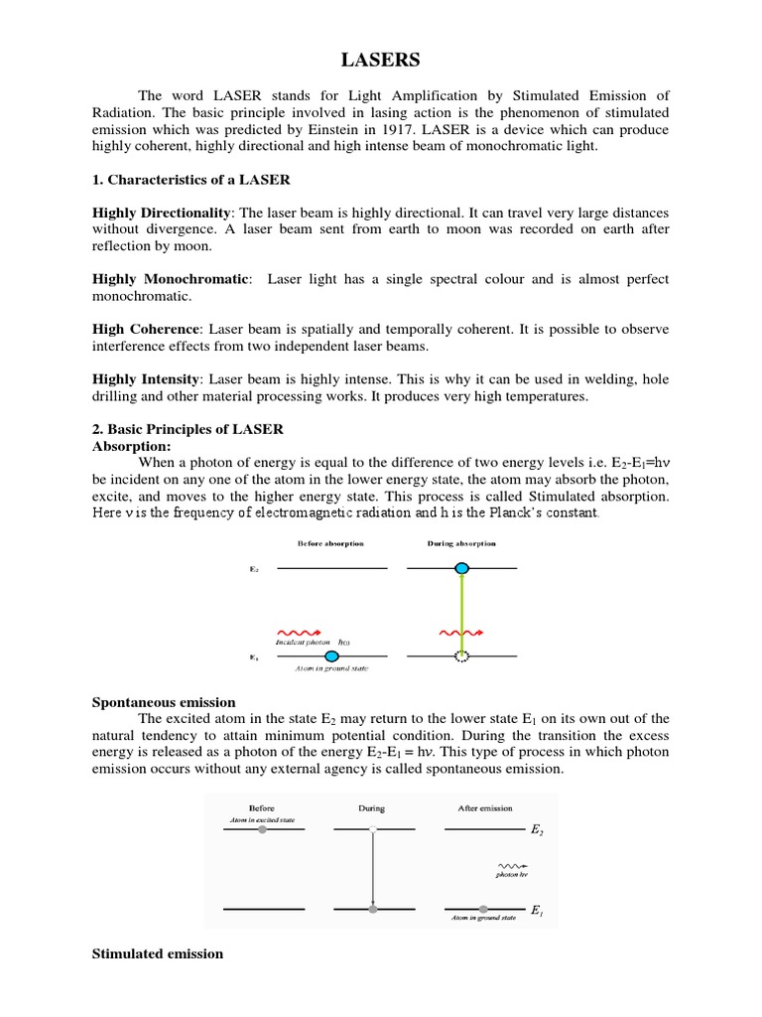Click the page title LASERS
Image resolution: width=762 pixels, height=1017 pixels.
(381, 61)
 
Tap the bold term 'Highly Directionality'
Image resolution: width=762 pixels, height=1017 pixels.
(162, 214)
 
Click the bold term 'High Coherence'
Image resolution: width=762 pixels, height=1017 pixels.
(146, 329)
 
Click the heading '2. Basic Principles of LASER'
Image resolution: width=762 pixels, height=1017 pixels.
(188, 429)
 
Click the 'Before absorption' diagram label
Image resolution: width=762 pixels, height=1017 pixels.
(330, 543)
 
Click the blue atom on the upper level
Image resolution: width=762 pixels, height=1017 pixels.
(461, 568)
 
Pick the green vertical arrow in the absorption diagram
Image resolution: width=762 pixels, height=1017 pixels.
(461, 611)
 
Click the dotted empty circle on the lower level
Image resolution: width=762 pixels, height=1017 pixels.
(461, 655)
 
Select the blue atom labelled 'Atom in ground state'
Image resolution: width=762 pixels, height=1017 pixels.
(331, 655)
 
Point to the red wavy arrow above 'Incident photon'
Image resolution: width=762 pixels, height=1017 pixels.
(297, 631)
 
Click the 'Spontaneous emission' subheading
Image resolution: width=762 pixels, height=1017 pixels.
(164, 702)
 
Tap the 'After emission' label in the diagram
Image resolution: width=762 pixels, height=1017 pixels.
(485, 808)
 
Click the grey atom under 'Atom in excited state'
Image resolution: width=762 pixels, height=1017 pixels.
(262, 828)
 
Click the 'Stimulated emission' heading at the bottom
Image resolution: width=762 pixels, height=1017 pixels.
(158, 953)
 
